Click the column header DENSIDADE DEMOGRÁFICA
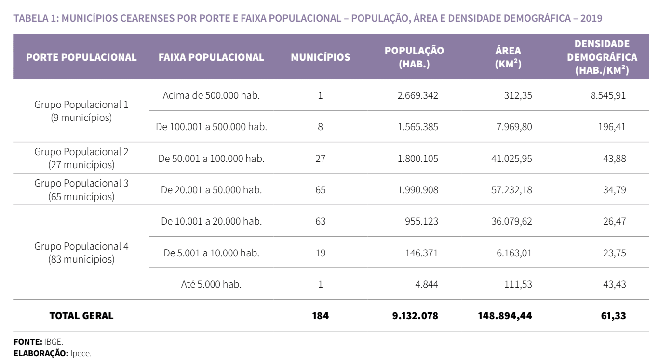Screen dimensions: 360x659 coord(602,57)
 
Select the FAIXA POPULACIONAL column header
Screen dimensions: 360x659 coord(211,57)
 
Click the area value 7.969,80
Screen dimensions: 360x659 coord(513,127)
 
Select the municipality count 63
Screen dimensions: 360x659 coord(320,222)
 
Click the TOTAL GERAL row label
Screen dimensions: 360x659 coord(81,316)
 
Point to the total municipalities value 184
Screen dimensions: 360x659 coord(320,316)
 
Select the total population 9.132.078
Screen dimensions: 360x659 coord(415,316)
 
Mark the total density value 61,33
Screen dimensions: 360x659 coord(615,316)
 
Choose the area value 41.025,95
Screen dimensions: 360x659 coord(511,159)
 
